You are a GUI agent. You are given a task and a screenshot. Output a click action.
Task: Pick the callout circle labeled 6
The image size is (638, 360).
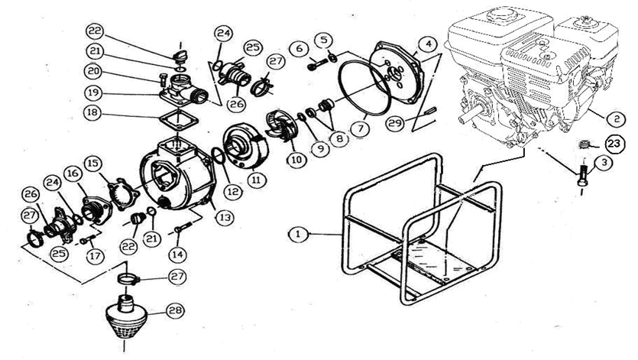(300, 49)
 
